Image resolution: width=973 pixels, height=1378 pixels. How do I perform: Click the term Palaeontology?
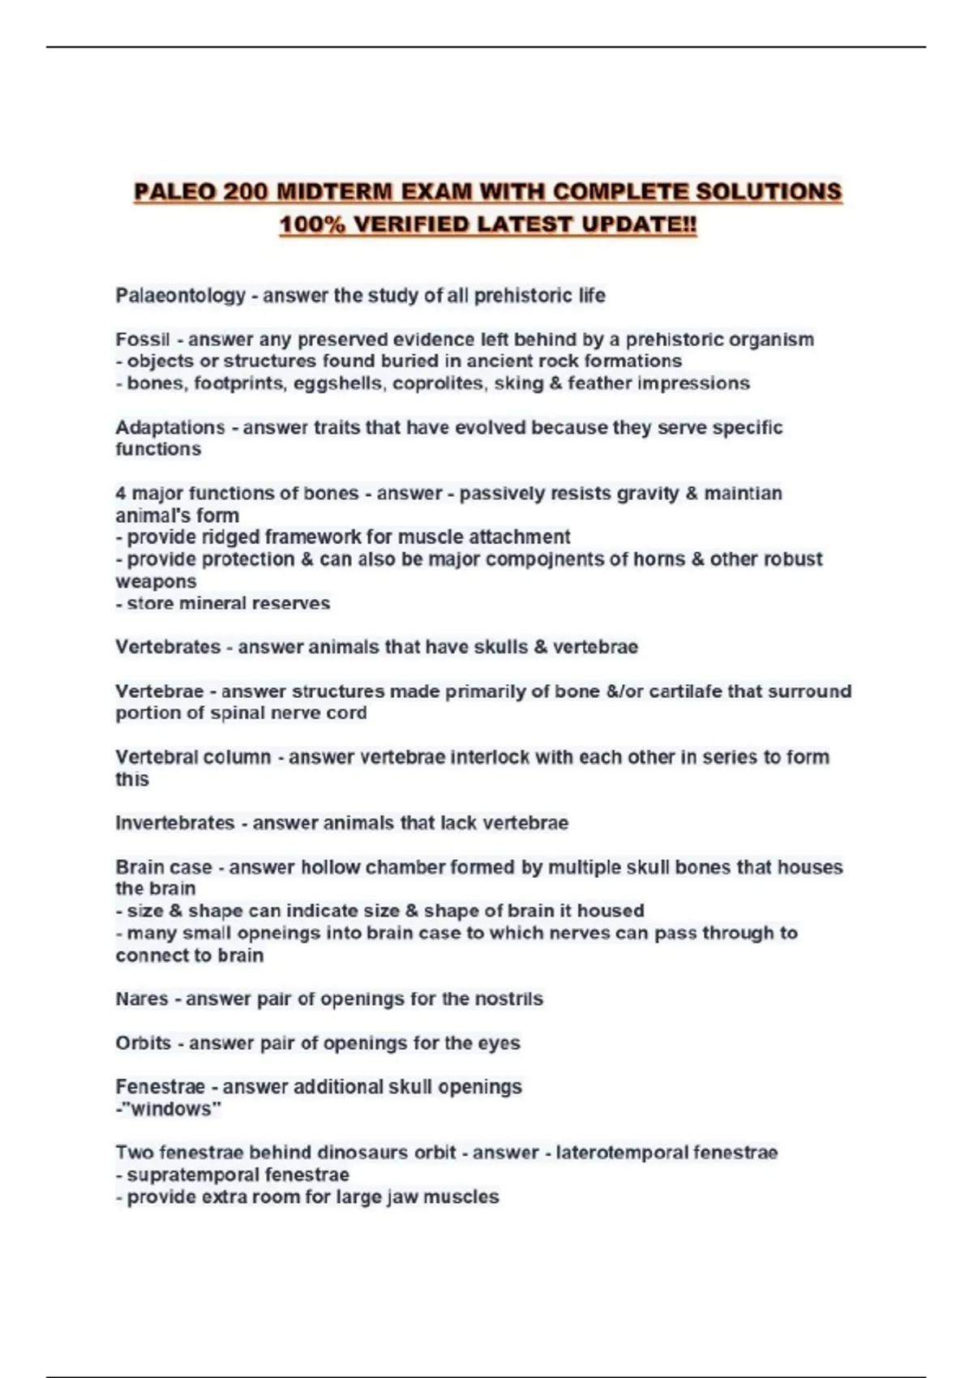(x=180, y=295)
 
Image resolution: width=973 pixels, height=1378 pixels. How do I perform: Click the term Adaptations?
(x=170, y=427)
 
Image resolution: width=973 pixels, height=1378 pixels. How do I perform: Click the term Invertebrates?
(x=175, y=823)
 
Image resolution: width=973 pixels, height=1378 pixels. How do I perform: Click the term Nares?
(x=142, y=999)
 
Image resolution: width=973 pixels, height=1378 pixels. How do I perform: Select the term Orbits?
(x=144, y=1042)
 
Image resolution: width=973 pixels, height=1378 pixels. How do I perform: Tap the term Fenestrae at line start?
(x=160, y=1086)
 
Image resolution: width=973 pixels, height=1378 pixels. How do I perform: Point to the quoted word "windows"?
(x=171, y=1109)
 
